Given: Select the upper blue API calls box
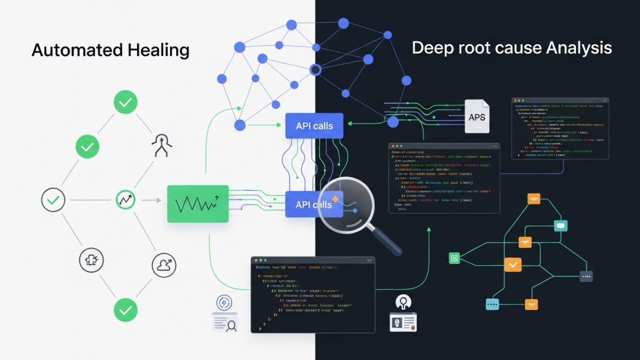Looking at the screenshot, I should click(314, 126).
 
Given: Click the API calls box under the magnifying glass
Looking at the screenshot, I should click(314, 204).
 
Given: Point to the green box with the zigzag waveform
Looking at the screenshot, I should click(198, 204).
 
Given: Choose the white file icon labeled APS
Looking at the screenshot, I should click(477, 116).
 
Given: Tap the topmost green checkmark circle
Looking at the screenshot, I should click(125, 102).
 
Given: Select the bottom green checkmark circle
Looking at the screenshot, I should click(125, 309).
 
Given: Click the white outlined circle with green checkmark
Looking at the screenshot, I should click(53, 201).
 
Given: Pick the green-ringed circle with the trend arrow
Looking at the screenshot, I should click(126, 201).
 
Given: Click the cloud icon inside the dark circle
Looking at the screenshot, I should click(164, 265).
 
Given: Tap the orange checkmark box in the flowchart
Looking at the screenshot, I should click(513, 264).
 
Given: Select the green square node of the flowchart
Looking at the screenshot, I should click(454, 258).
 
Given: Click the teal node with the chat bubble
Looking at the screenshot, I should click(560, 226).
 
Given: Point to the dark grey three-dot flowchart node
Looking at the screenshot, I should click(586, 276).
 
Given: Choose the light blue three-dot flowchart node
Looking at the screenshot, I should click(492, 305).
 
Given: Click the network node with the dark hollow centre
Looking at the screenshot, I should click(316, 69).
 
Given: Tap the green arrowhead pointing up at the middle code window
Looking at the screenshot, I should click(429, 229).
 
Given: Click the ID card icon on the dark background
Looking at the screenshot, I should click(403, 322).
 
